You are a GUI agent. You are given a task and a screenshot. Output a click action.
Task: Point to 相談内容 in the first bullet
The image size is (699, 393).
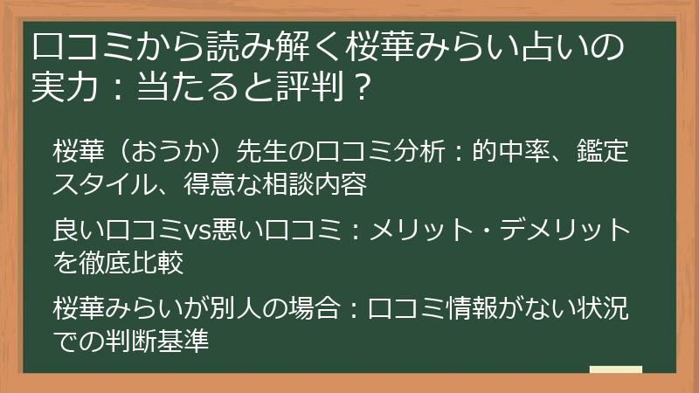point(315,184)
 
